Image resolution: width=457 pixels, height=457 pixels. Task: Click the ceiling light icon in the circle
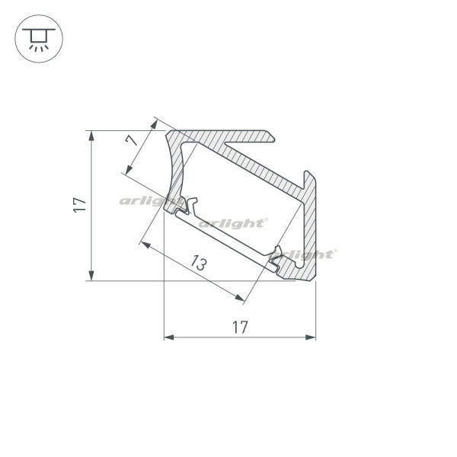click(39, 39)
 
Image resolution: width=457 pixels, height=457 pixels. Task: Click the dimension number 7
click(132, 140)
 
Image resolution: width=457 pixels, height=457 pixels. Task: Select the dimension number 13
click(199, 263)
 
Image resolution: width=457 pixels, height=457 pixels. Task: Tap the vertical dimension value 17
click(79, 205)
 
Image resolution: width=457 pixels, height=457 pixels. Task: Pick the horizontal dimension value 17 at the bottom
click(240, 327)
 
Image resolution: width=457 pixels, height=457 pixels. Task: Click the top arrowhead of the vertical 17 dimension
click(91, 136)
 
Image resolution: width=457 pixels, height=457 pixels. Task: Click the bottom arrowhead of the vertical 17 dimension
click(91, 276)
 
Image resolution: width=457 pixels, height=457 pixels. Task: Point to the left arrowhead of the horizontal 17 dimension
click(169, 337)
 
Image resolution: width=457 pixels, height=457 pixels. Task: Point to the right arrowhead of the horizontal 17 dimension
click(311, 337)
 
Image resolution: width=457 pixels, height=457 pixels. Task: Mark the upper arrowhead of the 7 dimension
click(154, 124)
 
